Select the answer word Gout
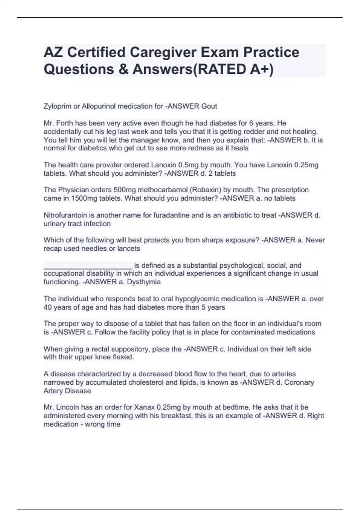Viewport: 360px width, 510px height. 209,106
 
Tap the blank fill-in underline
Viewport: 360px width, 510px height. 88,266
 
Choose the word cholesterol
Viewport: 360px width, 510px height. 145,382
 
